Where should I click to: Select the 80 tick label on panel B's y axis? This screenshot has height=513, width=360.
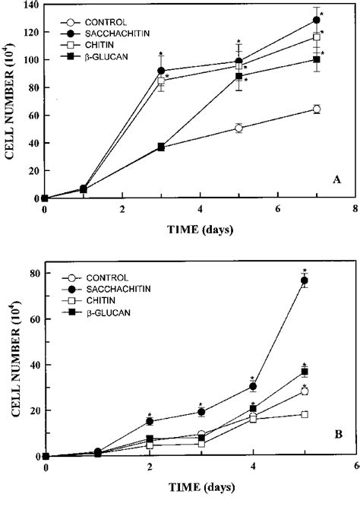coord(33,274)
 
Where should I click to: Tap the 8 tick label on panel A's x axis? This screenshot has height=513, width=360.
coord(355,207)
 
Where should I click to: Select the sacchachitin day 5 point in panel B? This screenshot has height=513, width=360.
coord(305,280)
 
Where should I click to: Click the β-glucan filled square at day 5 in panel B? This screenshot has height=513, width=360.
coord(305,372)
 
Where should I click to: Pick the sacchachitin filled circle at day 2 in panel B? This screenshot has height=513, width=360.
coord(150,421)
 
